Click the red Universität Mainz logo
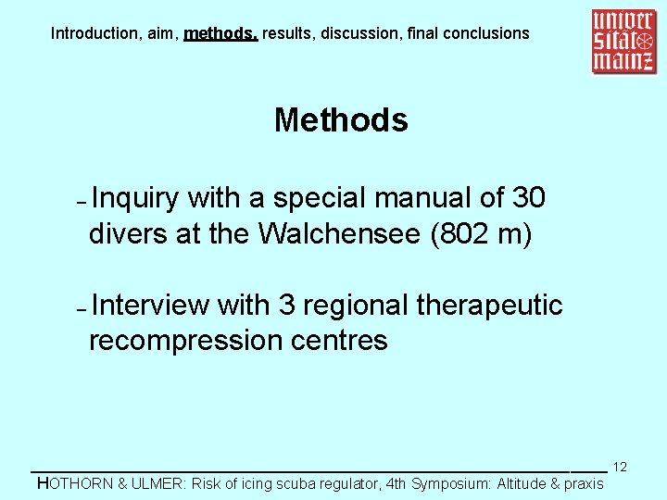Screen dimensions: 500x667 pos(623,41)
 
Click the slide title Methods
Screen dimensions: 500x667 pos(341,120)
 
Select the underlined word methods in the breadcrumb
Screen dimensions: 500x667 pos(220,33)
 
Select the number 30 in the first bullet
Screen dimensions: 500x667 pos(528,198)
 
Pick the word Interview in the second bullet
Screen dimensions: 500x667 pos(151,305)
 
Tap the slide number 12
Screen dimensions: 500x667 pos(621,467)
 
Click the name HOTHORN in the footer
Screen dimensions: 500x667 pos(74,483)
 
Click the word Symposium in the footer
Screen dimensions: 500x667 pos(450,483)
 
